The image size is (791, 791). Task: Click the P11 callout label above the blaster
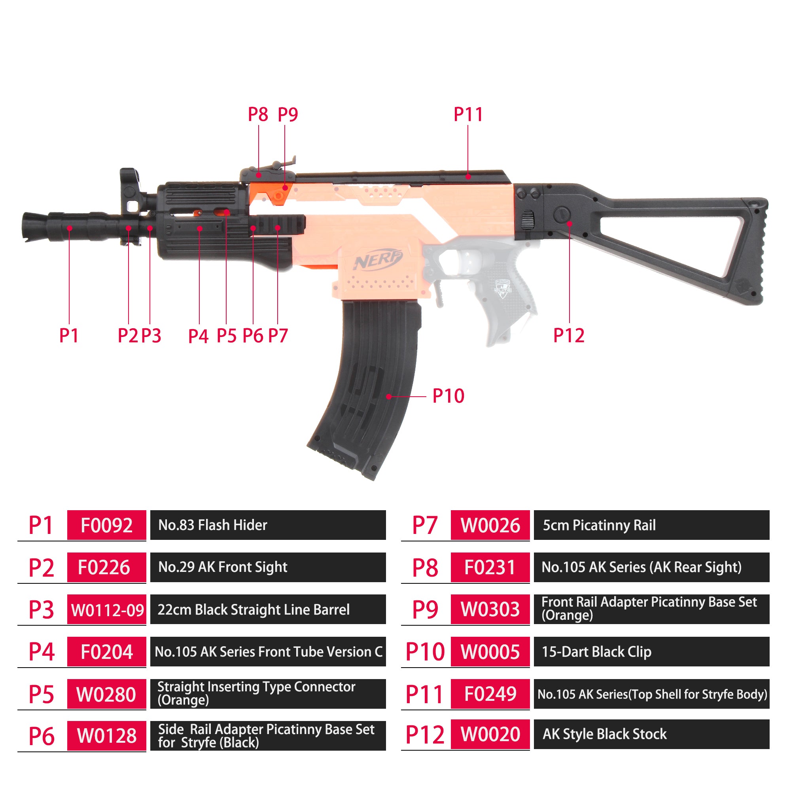tap(468, 114)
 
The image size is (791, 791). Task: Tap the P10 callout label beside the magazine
tap(448, 396)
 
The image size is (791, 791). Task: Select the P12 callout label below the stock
tap(569, 335)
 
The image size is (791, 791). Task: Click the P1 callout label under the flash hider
tap(69, 335)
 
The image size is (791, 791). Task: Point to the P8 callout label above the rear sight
tap(258, 114)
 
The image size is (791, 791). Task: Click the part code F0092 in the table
tap(106, 525)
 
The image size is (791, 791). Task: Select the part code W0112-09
tap(106, 609)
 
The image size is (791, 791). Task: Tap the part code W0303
tap(490, 609)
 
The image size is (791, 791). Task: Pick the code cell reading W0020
tap(490, 734)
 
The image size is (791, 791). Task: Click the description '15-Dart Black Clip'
tap(596, 652)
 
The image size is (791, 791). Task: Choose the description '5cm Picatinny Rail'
tap(599, 525)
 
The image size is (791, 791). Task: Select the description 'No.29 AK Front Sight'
tap(223, 567)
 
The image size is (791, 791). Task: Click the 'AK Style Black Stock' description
tap(605, 734)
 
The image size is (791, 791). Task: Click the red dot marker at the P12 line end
tap(569, 223)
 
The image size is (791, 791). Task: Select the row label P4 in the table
tap(42, 651)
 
